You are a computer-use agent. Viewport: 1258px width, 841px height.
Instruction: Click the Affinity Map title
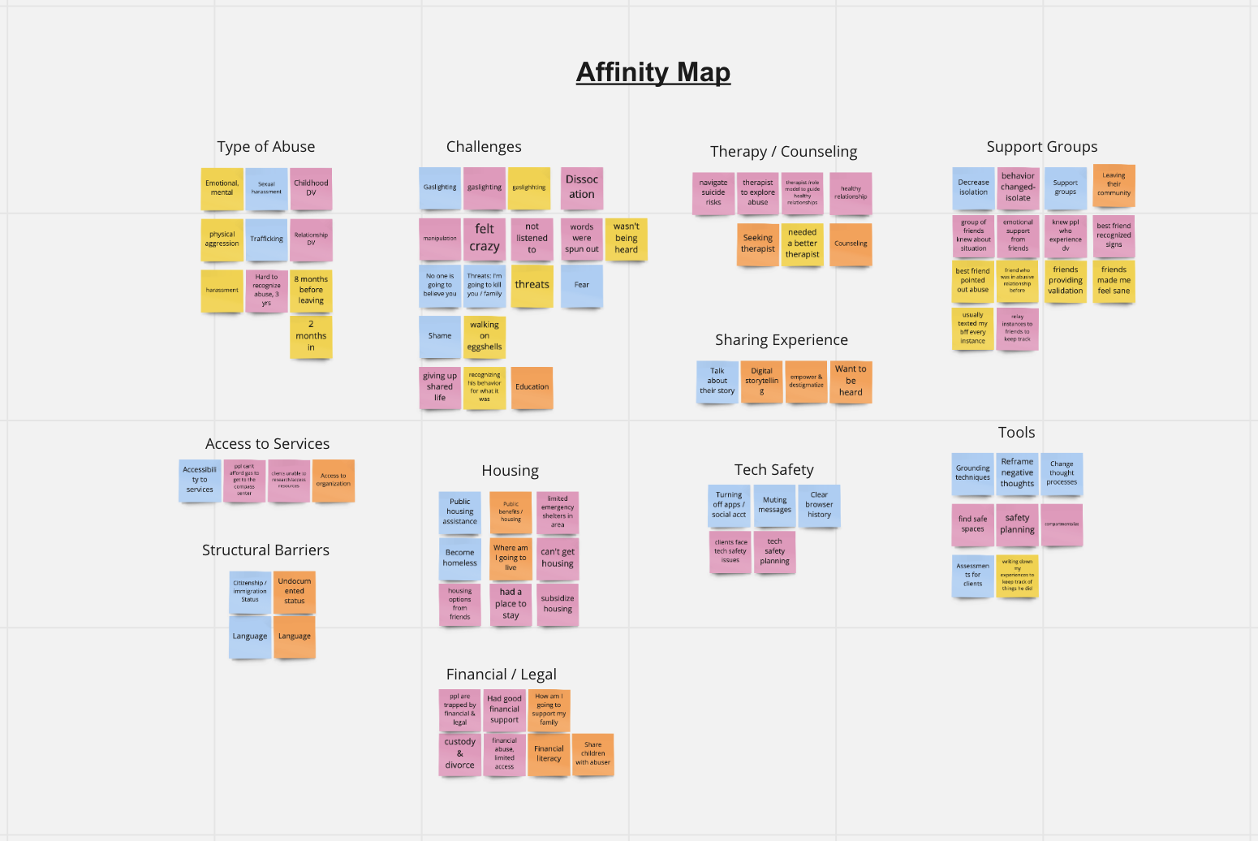653,72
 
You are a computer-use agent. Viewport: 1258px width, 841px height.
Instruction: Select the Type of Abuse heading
265,147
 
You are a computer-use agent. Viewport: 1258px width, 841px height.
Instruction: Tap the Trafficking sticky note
266,239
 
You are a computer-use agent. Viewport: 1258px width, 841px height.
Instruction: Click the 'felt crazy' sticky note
485,239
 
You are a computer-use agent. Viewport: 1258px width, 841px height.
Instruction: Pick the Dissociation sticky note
581,188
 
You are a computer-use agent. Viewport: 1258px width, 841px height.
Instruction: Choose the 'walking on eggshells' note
485,336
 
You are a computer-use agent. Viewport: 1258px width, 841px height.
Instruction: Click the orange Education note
532,387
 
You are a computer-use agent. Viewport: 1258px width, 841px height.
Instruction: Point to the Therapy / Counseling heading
783,152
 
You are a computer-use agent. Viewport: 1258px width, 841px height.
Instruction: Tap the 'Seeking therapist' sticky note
758,244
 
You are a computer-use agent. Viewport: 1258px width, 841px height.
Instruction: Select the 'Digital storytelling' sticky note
761,382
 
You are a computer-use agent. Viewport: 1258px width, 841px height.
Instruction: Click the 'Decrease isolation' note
973,188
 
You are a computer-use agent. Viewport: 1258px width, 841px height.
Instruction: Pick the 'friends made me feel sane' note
1114,281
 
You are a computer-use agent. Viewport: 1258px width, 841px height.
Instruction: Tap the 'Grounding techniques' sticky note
972,473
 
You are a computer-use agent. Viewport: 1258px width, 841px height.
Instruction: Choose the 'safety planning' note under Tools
1017,524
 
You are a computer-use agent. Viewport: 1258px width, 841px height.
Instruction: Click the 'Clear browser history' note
819,505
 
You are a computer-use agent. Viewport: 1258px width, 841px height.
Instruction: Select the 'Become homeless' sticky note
459,559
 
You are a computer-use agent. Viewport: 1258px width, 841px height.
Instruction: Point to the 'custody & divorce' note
459,754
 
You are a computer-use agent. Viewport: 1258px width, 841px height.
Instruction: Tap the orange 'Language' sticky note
295,636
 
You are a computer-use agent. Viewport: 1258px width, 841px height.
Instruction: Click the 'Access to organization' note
334,481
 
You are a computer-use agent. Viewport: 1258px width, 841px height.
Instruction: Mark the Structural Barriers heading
265,550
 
